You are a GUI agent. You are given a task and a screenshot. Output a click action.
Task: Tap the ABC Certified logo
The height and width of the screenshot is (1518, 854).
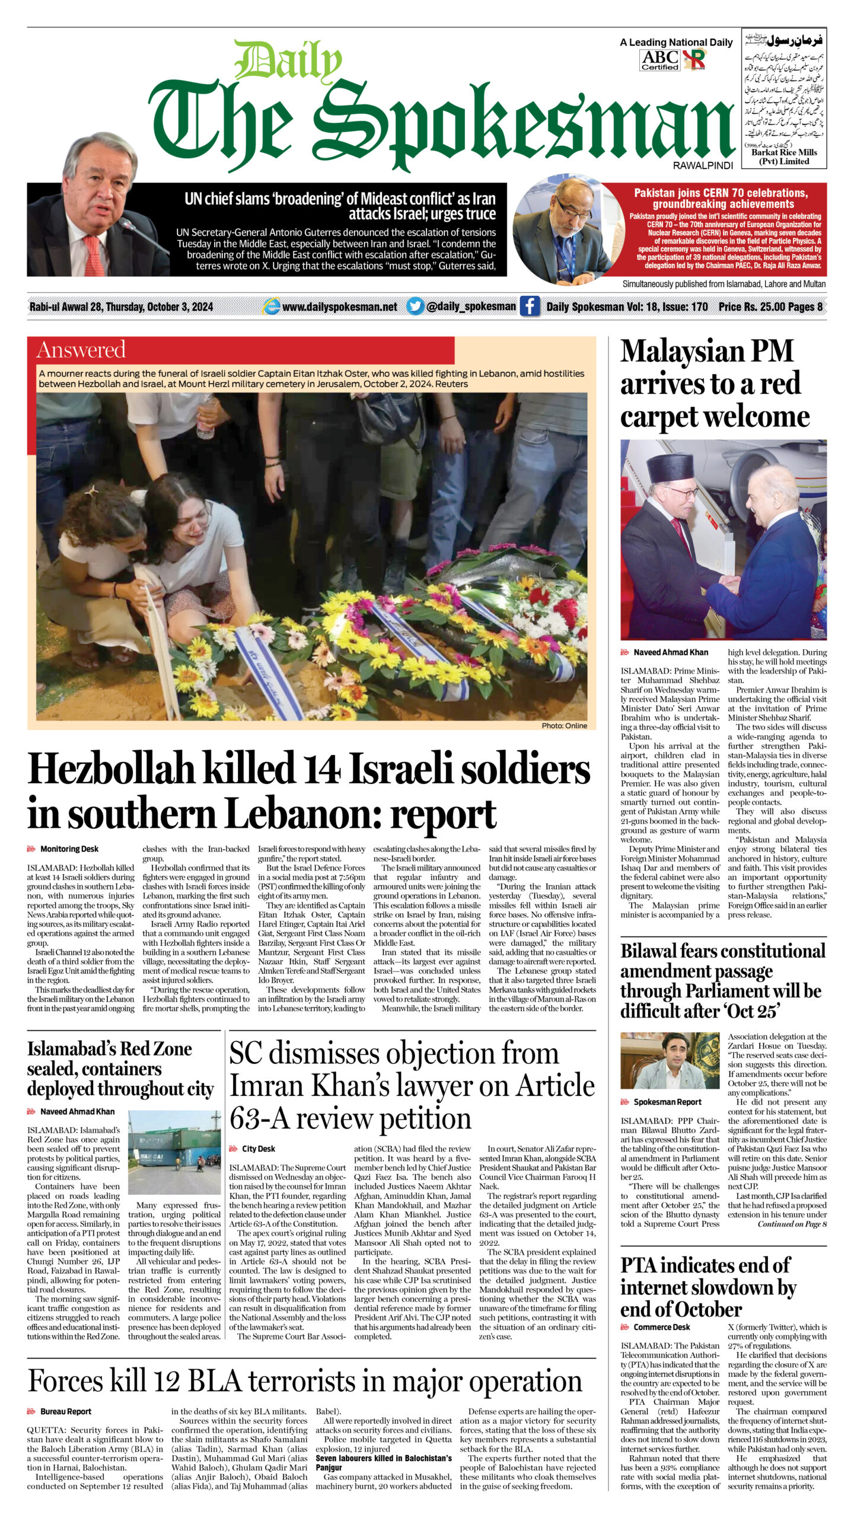coord(659,60)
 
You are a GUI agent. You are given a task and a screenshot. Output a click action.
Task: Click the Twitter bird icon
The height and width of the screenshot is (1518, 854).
coord(415,306)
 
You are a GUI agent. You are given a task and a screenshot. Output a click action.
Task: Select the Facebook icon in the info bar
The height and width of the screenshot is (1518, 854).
coord(530,306)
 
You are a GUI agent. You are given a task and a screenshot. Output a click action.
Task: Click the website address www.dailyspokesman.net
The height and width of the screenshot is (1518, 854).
coord(339,307)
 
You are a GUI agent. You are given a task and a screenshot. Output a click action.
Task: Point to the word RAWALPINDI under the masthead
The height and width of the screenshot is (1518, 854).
coord(702,166)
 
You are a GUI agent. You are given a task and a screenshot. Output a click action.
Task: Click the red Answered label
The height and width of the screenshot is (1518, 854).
coord(81,350)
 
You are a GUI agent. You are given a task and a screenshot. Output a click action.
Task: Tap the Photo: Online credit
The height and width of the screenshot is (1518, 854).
coord(563,726)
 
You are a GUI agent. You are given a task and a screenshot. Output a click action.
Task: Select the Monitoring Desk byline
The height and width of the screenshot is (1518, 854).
coord(69,849)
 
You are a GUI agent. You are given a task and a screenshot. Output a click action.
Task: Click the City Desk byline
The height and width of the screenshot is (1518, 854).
coord(258,1149)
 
